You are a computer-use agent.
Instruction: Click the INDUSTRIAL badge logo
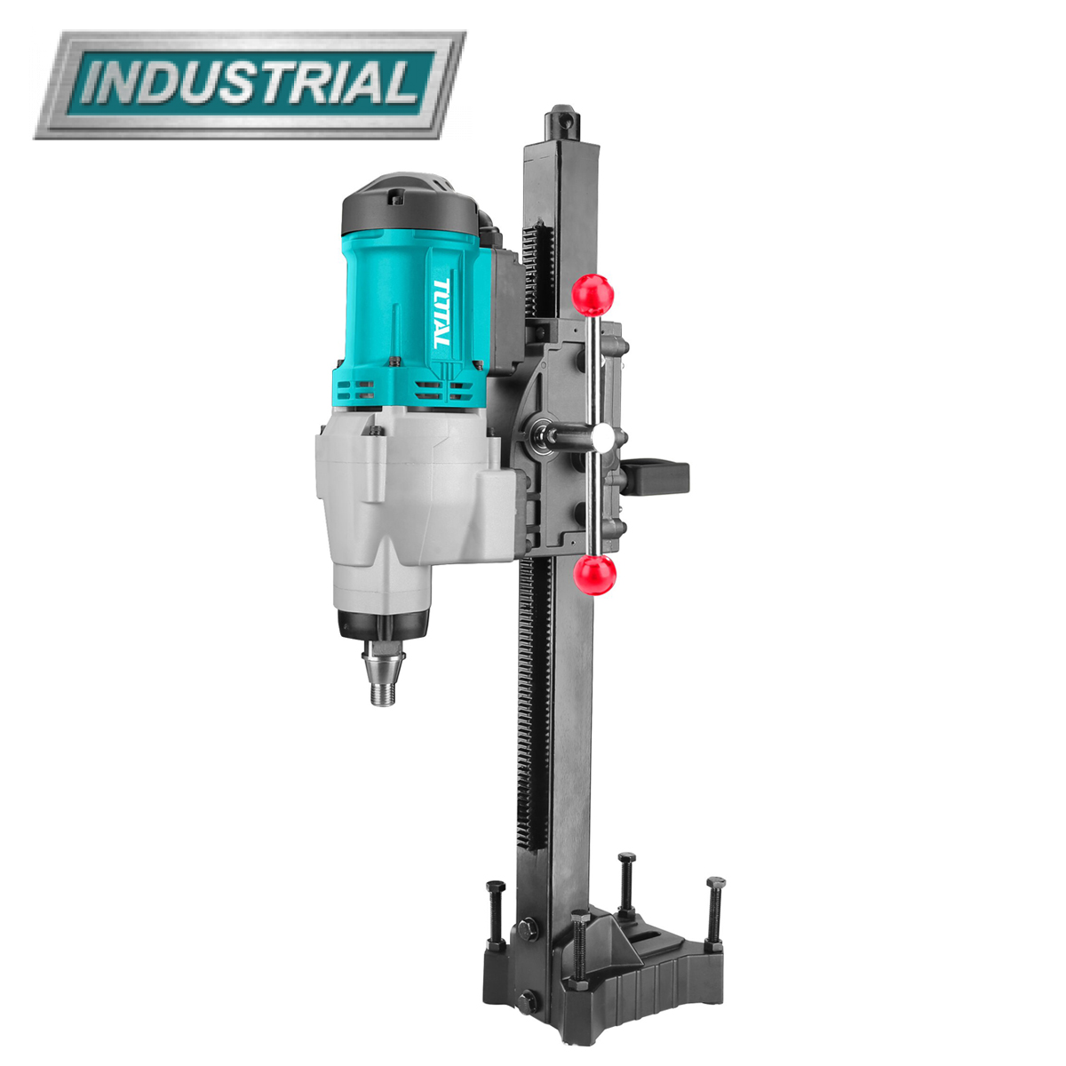click(x=250, y=84)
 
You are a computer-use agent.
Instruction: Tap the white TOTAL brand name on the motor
click(x=442, y=313)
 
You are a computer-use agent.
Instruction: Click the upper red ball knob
click(x=593, y=295)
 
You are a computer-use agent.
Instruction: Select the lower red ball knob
click(x=594, y=576)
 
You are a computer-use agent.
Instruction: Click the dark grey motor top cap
click(x=410, y=203)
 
